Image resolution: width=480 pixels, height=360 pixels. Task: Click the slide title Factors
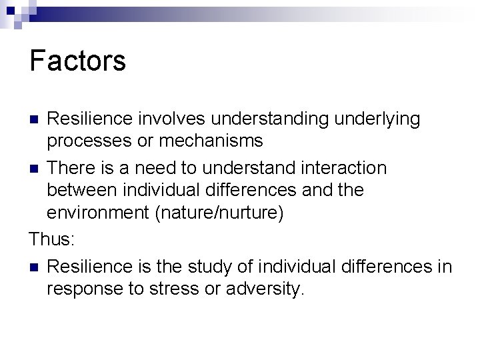pos(77,61)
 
